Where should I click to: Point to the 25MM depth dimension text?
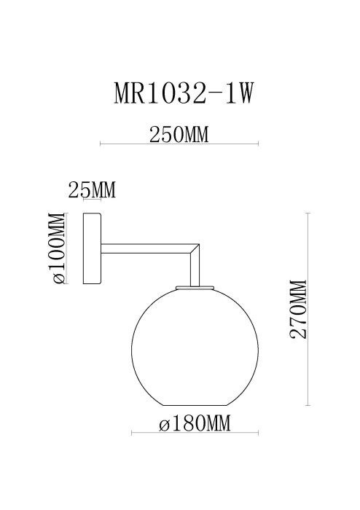coord(92,191)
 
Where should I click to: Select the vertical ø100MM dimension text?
coord(57,249)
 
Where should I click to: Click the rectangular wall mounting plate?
coord(93,249)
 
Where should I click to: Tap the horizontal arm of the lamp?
coord(146,249)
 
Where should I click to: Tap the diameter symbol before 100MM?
coord(58,278)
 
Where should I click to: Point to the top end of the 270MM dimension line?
coord(310,213)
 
